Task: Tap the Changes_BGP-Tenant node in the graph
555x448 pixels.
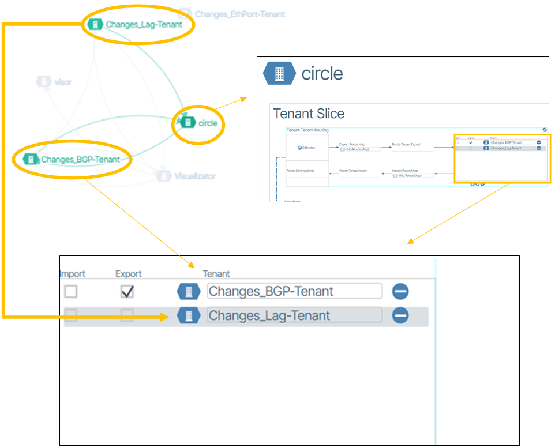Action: point(73,159)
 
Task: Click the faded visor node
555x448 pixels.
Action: point(55,82)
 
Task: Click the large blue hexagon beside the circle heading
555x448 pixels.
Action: point(279,73)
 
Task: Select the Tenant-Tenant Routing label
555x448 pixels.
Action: point(307,130)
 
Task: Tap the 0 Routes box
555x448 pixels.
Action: point(307,148)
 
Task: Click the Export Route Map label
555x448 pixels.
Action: point(351,144)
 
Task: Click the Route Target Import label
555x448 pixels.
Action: point(353,171)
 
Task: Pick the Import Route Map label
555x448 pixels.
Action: point(404,171)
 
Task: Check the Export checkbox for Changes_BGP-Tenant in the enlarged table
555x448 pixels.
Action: point(127,292)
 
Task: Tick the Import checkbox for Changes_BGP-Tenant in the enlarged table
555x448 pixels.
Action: point(70,292)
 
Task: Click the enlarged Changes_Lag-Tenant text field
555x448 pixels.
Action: point(294,315)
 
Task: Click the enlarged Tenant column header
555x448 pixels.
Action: point(216,274)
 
